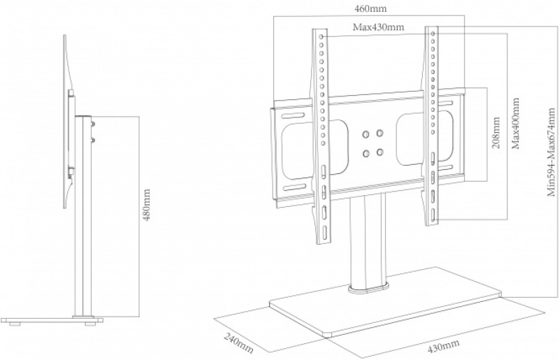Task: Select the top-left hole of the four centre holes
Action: tap(365, 132)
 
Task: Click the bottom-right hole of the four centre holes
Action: tap(380, 151)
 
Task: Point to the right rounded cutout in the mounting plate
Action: tap(416, 141)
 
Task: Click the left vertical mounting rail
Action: tap(324, 140)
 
